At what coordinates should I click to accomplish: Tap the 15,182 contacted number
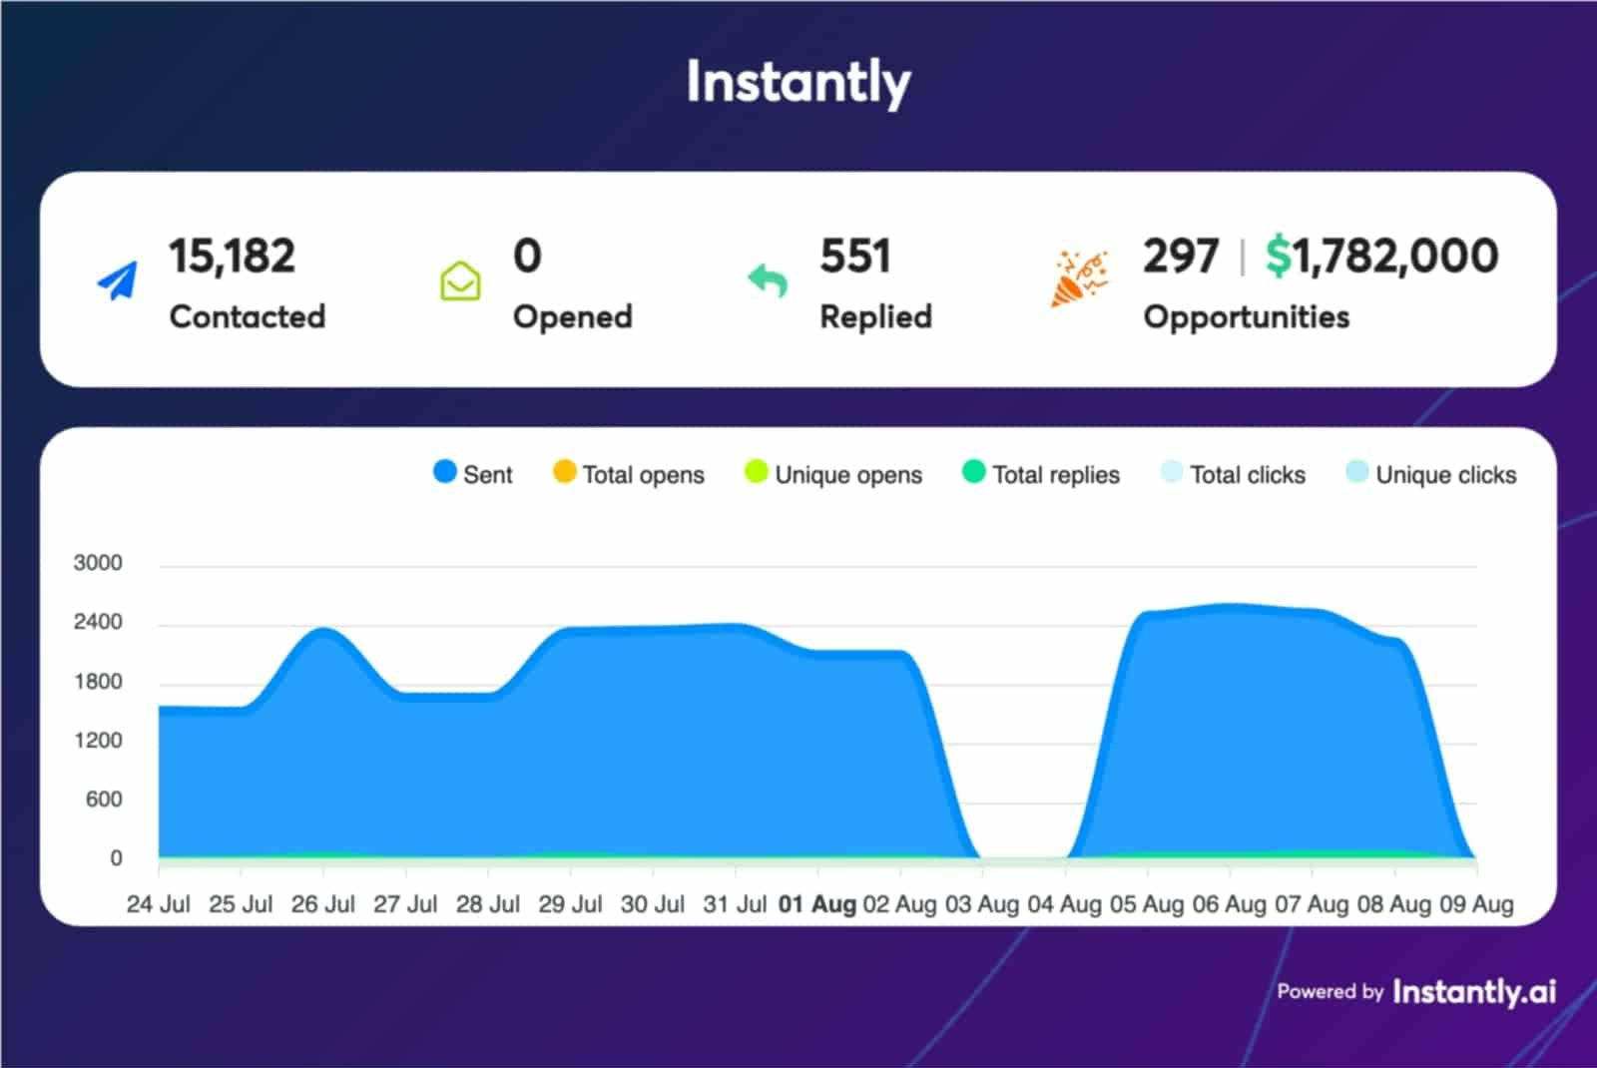click(x=232, y=257)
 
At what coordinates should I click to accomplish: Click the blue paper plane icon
click(x=118, y=280)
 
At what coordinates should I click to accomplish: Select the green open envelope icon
click(x=460, y=280)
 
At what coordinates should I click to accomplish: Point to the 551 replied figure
click(x=854, y=257)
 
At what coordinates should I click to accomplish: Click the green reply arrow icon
click(x=768, y=280)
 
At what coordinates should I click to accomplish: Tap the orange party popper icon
click(x=1078, y=278)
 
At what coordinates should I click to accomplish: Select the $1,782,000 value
click(x=1381, y=257)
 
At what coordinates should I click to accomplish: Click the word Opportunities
click(x=1246, y=317)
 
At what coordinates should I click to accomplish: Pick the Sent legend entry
click(x=473, y=474)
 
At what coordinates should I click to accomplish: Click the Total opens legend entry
click(x=629, y=474)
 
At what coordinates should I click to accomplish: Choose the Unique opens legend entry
click(x=833, y=474)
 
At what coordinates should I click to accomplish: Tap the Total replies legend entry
click(x=1041, y=474)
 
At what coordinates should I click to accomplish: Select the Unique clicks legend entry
click(x=1431, y=474)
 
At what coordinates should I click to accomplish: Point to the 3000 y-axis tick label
click(x=98, y=563)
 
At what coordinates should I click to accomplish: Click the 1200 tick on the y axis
click(x=98, y=741)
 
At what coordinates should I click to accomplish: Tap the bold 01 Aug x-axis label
click(x=817, y=904)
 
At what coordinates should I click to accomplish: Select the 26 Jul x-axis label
click(x=322, y=904)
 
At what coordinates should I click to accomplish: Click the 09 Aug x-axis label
click(x=1476, y=904)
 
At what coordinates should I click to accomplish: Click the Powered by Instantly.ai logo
click(x=1416, y=991)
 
